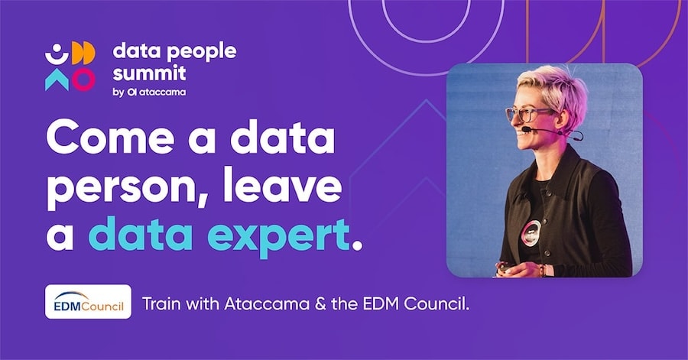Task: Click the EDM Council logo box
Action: tap(88, 302)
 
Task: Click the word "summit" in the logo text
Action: tap(149, 73)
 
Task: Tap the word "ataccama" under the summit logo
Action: tap(162, 92)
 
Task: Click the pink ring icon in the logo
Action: tap(83, 79)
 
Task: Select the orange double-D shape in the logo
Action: tap(83, 53)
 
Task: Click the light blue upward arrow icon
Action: tap(57, 79)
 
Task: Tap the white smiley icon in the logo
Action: tap(57, 54)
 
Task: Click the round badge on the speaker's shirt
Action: tap(531, 233)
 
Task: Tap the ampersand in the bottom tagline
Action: tap(320, 304)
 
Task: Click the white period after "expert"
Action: tap(357, 245)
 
